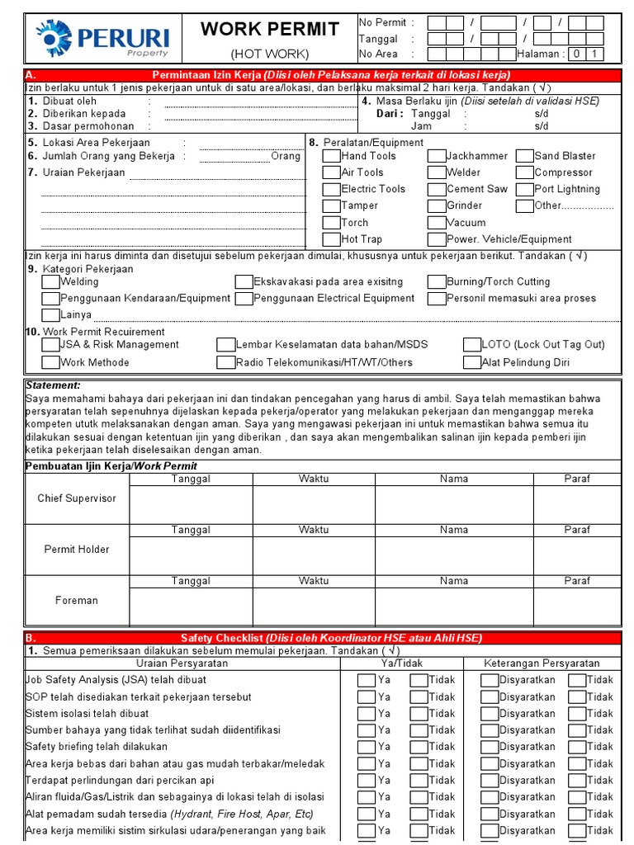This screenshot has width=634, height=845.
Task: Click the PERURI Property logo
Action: coord(102,39)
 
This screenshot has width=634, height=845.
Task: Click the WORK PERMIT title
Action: coord(270,30)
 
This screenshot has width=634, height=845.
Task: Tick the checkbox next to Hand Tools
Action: coord(331,155)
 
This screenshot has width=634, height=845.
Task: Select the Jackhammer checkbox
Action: coord(437,155)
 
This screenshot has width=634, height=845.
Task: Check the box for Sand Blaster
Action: coord(525,155)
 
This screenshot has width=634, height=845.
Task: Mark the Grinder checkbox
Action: coord(437,205)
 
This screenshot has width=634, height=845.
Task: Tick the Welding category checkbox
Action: coord(50,281)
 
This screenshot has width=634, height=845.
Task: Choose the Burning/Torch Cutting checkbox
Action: coord(437,281)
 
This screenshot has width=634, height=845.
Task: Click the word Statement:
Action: coord(53,385)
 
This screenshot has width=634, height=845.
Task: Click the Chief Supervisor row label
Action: coord(77,498)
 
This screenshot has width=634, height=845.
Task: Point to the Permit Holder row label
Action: coord(77,550)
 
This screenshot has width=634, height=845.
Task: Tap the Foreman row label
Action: coord(77,601)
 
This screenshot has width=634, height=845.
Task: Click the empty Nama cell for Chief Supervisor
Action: coord(454,505)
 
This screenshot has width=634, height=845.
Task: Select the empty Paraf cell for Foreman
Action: coord(577,607)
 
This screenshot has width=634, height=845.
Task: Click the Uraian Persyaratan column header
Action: coord(182,663)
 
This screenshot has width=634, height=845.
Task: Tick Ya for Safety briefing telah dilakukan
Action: coord(367,747)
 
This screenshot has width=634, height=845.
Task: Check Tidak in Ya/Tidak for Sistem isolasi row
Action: coord(419,714)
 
